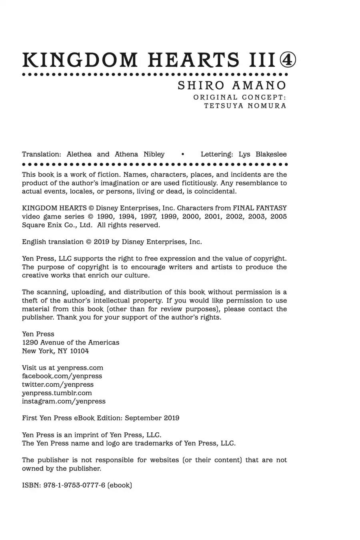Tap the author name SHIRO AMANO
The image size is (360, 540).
coord(232,86)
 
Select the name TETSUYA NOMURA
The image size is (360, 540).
coord(245,106)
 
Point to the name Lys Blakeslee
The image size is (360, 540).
coord(262,154)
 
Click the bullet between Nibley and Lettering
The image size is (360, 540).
coord(182,154)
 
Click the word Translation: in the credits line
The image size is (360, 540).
coord(42,154)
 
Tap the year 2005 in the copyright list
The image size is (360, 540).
coord(278,216)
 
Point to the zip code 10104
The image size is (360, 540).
coord(79,351)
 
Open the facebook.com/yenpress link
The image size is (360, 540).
coord(62,376)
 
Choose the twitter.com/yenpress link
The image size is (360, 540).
coord(58,384)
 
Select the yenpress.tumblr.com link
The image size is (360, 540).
coord(57,393)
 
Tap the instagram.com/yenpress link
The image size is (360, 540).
coord(64,401)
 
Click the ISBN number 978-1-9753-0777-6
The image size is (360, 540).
coord(74,485)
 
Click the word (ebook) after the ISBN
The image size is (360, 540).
coord(120,485)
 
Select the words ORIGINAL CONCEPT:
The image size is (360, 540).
coord(240,97)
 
